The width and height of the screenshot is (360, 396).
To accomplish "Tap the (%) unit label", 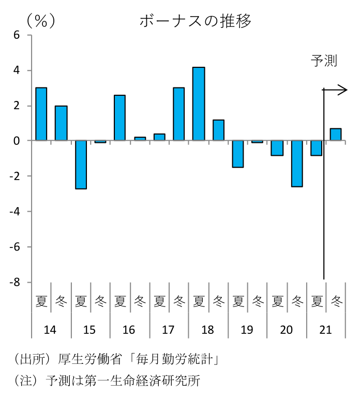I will [x=41, y=21].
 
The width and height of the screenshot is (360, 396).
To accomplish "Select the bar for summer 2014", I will [x=41, y=114].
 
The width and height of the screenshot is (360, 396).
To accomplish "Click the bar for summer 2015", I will [x=81, y=165].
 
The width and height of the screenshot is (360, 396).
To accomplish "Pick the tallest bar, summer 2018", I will [x=199, y=104].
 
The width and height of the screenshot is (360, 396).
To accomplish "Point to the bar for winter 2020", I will [x=297, y=164].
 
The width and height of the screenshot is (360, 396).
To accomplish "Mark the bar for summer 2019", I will [x=238, y=154].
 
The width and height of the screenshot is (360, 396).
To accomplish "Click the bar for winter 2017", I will [x=179, y=114].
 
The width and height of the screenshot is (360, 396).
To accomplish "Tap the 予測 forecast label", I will [x=324, y=61].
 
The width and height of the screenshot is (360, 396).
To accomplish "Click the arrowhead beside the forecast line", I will [x=343, y=90].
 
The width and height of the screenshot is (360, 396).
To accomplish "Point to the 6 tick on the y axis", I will [x=17, y=35].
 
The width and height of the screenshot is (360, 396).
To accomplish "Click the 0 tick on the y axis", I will [x=17, y=141].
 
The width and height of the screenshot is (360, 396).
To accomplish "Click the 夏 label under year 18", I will [x=199, y=300].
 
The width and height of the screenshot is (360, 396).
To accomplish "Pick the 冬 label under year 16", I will [x=140, y=300].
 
